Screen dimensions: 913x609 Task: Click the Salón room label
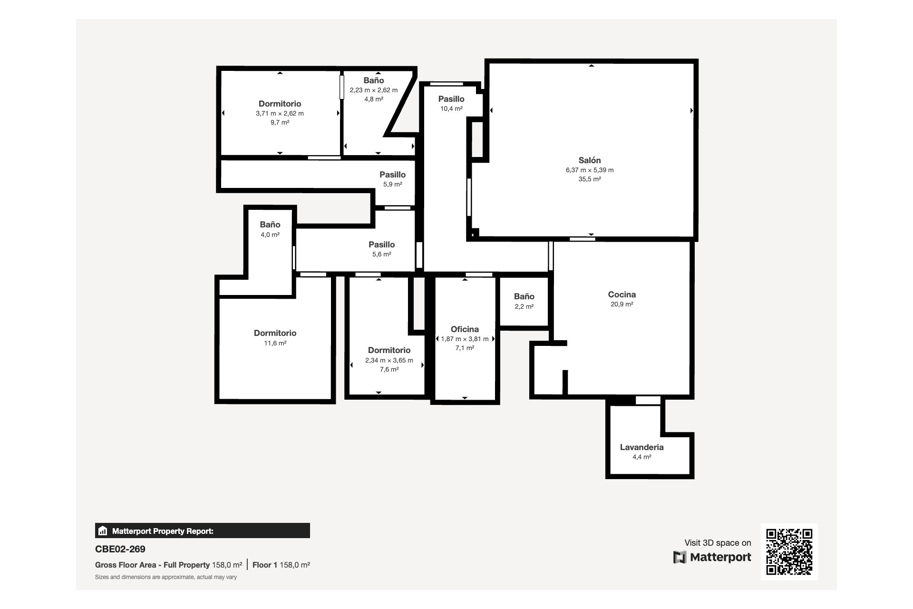pos(590,160)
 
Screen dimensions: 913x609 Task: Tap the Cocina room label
pos(622,295)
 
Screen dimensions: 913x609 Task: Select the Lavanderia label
pos(642,447)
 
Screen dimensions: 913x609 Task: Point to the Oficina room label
pos(465,329)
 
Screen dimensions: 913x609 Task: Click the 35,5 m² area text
pos(590,179)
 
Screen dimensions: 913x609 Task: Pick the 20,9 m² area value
pos(622,304)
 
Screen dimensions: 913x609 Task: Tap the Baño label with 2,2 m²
pos(524,296)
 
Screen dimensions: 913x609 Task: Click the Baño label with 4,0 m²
pos(270,225)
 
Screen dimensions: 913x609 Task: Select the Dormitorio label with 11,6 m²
pos(275,333)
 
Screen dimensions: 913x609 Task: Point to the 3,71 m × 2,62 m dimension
pos(280,113)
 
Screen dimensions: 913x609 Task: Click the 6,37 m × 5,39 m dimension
pos(590,170)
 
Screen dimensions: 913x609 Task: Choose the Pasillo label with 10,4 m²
pos(451,99)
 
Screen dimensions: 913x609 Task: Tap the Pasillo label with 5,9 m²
pos(393,175)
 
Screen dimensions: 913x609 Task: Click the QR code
pos(789,552)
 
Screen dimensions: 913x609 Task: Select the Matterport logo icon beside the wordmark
pos(680,557)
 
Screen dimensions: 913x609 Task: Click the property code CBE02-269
pos(120,549)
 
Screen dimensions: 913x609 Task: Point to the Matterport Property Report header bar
pos(203,530)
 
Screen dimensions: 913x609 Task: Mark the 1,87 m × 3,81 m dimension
pos(465,339)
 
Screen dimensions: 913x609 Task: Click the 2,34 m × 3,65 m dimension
pos(389,360)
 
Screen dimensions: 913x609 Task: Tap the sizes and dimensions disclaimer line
pos(166,577)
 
